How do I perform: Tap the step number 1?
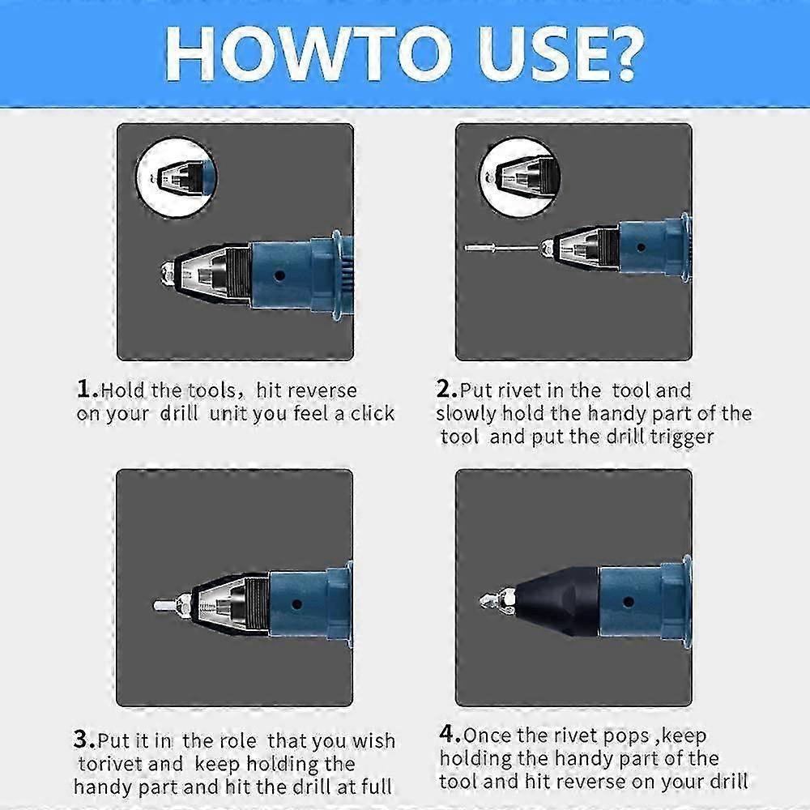[x=85, y=389]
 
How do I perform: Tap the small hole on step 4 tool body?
[x=625, y=602]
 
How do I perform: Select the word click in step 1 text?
[x=373, y=413]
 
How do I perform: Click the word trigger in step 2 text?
[x=680, y=437]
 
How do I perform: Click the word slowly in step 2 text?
[x=466, y=413]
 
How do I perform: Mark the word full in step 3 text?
[x=377, y=786]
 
